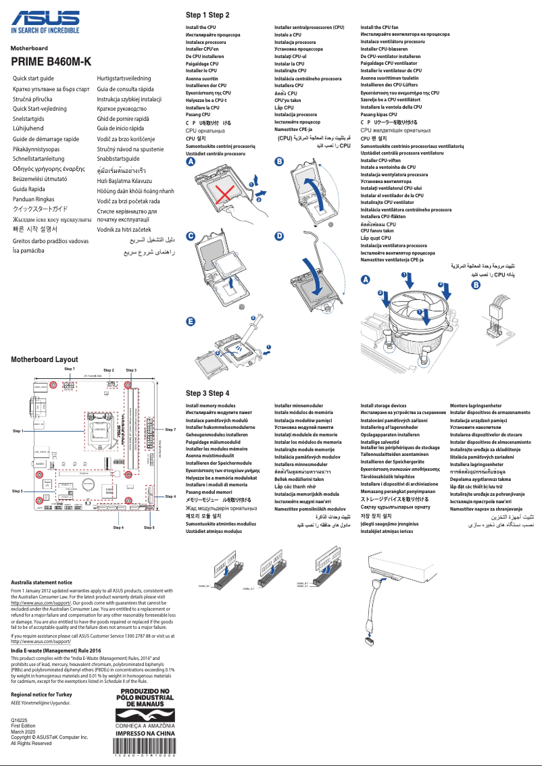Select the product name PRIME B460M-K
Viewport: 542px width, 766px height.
click(51, 62)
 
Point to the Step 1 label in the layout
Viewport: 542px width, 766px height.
click(18, 430)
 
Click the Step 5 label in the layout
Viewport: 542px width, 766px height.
click(18, 491)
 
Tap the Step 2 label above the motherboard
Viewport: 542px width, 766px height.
click(109, 370)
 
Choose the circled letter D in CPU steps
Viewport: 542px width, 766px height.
click(279, 236)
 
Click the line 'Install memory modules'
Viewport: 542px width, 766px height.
click(211, 406)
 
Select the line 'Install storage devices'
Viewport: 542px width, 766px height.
click(383, 406)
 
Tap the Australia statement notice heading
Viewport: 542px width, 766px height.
click(42, 582)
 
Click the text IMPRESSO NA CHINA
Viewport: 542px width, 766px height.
click(146, 732)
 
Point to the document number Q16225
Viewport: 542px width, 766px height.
click(20, 721)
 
